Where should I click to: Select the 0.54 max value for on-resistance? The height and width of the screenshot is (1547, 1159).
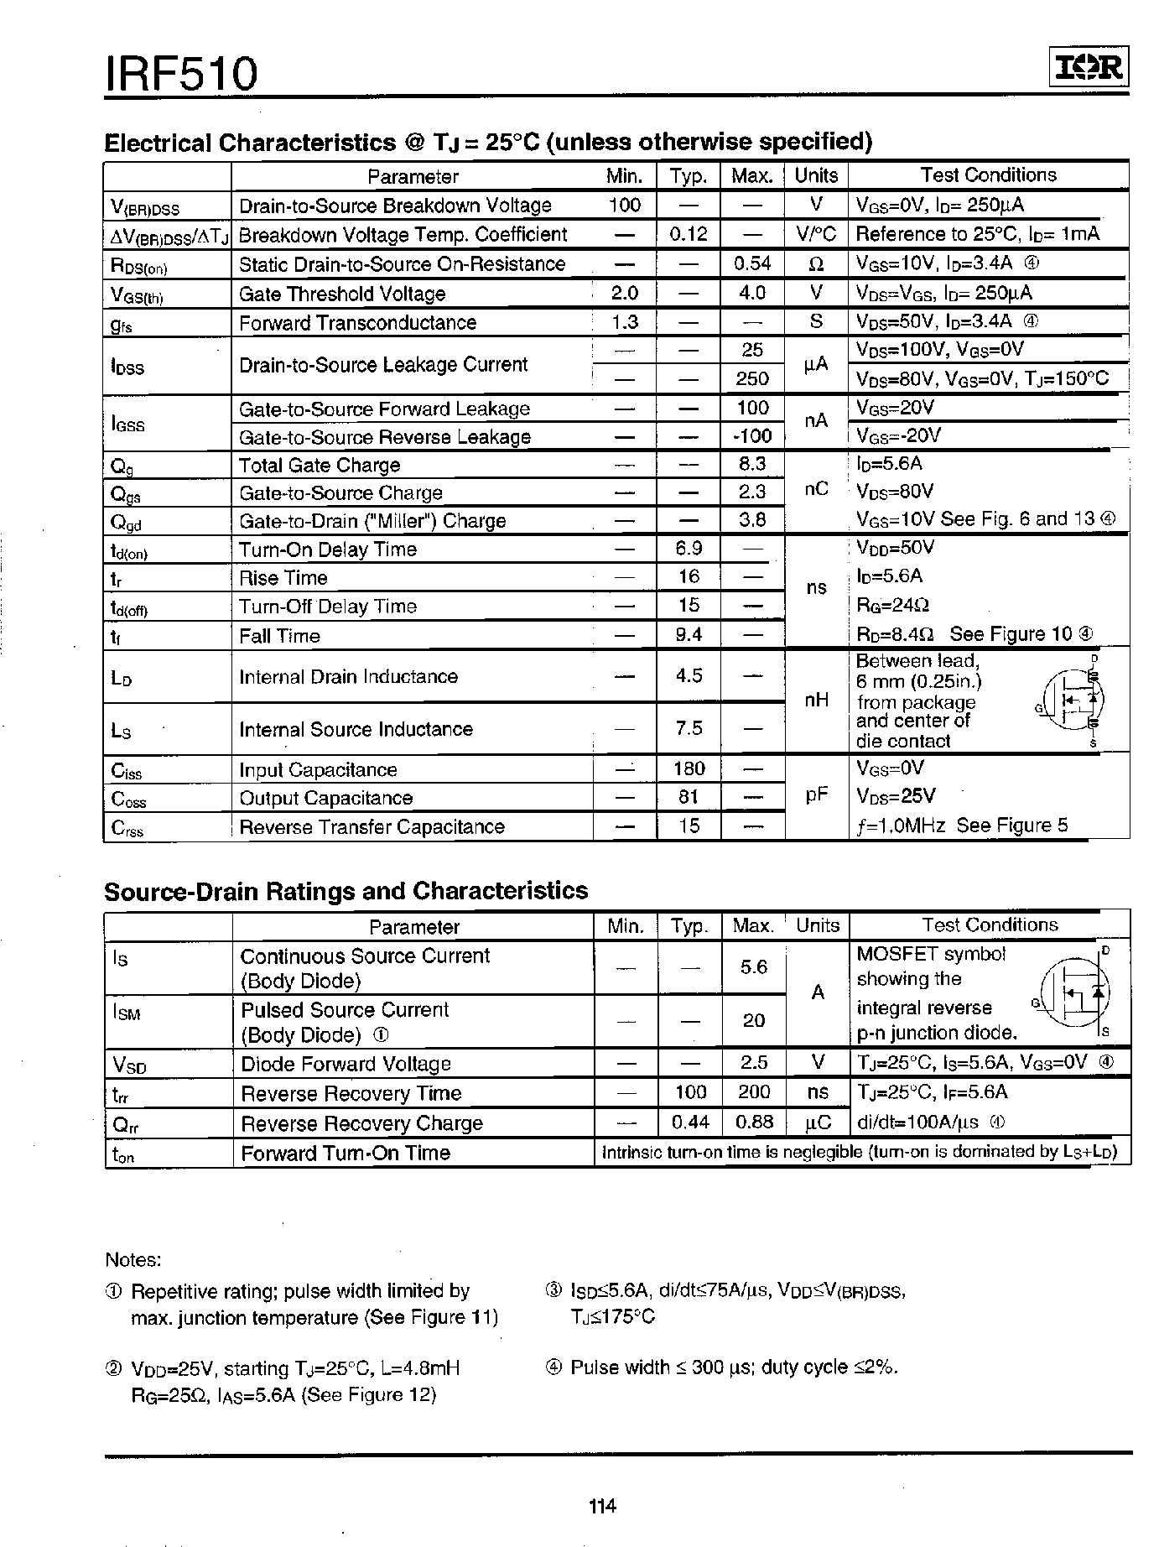coord(751,264)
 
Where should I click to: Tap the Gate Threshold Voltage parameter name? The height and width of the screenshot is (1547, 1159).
coord(341,294)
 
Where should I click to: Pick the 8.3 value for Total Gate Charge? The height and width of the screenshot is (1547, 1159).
coord(751,464)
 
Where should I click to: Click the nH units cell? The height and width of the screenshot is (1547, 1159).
coord(816,700)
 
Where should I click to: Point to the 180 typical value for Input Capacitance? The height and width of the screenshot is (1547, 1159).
coord(689,769)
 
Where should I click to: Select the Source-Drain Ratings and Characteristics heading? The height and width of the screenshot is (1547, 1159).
coord(346,891)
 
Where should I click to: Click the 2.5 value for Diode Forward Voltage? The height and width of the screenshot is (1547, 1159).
coord(753,1063)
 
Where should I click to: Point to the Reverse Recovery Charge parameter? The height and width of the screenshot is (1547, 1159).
coord(361,1123)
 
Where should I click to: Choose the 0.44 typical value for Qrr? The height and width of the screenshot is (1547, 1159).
coord(689,1122)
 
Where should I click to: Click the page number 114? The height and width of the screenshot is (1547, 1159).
coord(602,1506)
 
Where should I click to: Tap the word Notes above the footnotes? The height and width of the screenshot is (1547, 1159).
coord(133,1260)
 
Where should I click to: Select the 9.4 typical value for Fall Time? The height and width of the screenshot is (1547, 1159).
coord(689,635)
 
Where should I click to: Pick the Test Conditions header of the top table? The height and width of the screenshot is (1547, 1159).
coord(988,175)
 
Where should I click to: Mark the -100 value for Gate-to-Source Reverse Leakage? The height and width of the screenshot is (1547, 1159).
coord(751,436)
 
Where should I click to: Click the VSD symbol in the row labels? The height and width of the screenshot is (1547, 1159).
coord(129,1065)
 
